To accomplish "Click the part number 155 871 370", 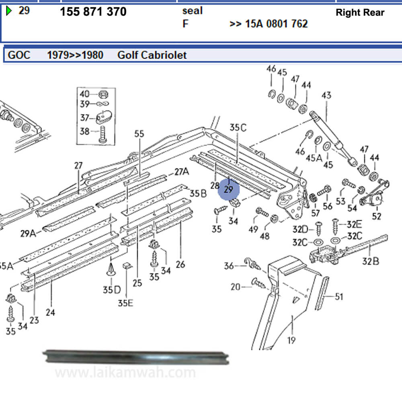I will point(93,12).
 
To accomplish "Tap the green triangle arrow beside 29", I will point(9,11).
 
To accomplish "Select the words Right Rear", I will point(360,12).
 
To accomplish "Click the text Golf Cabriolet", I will point(152,55).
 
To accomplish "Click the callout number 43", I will point(326,96).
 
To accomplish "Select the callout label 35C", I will point(238,128).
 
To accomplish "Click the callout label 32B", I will point(370,261).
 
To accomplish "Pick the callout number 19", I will point(291,340).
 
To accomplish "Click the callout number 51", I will point(339,297).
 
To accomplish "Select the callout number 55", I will point(139,134).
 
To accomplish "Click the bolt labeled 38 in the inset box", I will point(102,133).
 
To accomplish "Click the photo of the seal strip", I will point(137,357).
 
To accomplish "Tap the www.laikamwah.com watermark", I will point(125,373).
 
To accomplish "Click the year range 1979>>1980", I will point(75,55).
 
